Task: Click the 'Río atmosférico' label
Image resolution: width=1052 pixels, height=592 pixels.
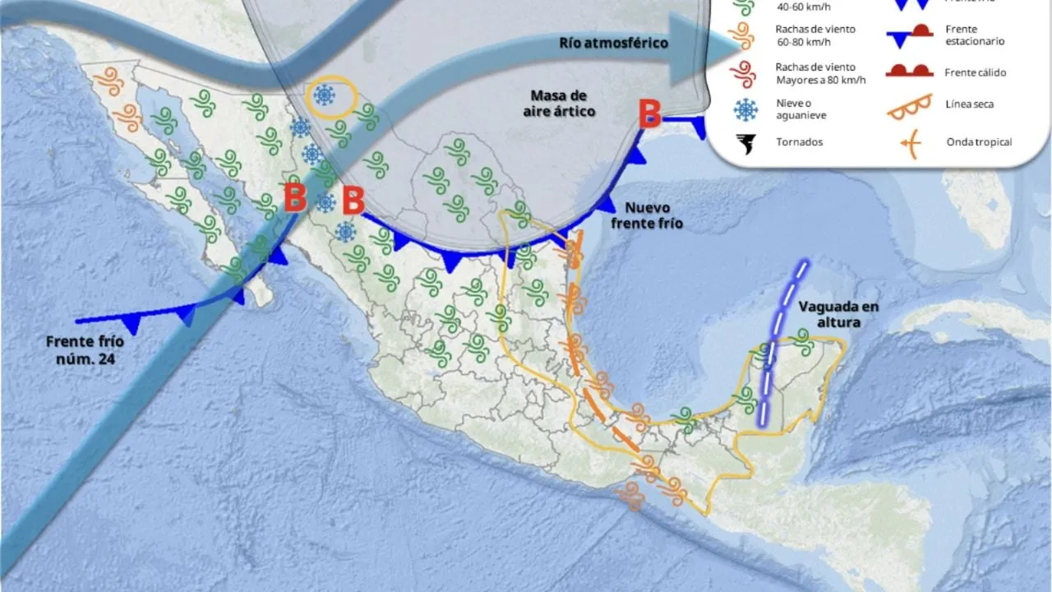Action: [x=613, y=43]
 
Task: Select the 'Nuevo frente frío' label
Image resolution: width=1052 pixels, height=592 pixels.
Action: [x=653, y=215]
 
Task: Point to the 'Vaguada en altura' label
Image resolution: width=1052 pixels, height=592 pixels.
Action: [x=838, y=314]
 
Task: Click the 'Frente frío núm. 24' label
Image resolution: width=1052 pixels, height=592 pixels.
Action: [x=79, y=349]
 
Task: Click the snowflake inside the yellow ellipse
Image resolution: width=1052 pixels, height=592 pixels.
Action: [x=325, y=96]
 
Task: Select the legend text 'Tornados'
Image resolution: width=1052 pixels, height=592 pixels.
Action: [x=799, y=142]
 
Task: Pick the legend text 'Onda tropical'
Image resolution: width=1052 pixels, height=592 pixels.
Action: [x=978, y=142]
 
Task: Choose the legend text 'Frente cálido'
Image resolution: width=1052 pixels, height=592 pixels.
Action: [x=975, y=72]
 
